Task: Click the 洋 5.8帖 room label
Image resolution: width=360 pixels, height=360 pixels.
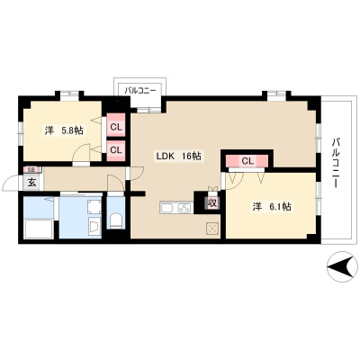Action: coord(64,130)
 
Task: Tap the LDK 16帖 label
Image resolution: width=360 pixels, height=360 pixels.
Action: coord(178,157)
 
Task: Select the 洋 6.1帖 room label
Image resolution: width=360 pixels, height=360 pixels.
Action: coord(272,207)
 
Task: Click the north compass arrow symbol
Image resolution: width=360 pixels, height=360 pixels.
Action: coord(342,266)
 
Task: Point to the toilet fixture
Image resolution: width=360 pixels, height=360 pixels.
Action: coord(116,220)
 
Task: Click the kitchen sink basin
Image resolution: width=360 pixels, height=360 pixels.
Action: coord(167,208)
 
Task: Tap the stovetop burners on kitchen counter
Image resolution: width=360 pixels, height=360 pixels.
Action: coord(184,208)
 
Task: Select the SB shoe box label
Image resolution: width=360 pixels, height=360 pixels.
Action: coord(31,169)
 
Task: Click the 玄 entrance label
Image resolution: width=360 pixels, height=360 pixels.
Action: coord(31,182)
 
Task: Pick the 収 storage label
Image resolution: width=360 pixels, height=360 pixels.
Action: coord(212,203)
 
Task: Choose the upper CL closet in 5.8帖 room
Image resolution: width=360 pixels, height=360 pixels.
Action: coord(116,125)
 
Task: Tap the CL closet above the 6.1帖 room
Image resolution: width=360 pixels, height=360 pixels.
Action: coord(247,161)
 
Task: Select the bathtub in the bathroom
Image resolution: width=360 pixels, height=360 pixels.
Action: coord(39,229)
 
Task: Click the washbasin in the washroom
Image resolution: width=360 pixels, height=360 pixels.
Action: coord(94,226)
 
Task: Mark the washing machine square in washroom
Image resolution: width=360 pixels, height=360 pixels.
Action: coord(94,206)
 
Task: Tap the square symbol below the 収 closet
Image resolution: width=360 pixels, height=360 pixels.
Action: coord(212,229)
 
